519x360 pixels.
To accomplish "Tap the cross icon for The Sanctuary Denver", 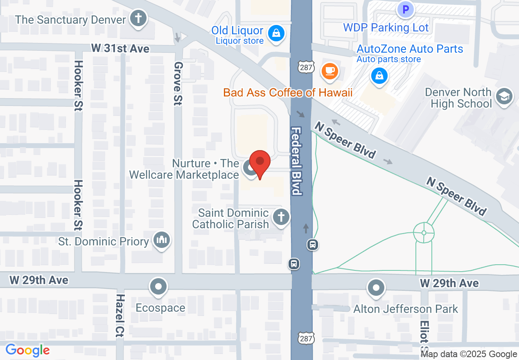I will [x=139, y=19].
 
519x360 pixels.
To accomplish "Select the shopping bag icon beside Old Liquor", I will [x=277, y=32].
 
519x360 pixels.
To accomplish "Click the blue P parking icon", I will [x=406, y=9].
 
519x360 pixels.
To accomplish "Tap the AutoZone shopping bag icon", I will [x=379, y=76].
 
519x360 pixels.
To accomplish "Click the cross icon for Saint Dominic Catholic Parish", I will [x=281, y=217].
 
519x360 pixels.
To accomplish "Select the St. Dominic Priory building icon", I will [x=162, y=240].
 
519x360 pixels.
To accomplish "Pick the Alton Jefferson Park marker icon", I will [x=376, y=288].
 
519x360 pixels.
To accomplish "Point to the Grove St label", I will [x=178, y=83].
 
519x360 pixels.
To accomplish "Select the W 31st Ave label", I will [x=120, y=49].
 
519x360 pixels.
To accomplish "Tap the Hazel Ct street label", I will [x=120, y=315].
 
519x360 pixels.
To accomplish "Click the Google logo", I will [x=27, y=350].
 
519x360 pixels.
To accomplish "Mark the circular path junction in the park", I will [x=424, y=233].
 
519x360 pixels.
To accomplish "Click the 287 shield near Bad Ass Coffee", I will [x=305, y=67].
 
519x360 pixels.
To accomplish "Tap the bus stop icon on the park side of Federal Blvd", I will [x=313, y=245].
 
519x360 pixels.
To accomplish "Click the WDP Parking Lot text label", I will [x=386, y=28].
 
